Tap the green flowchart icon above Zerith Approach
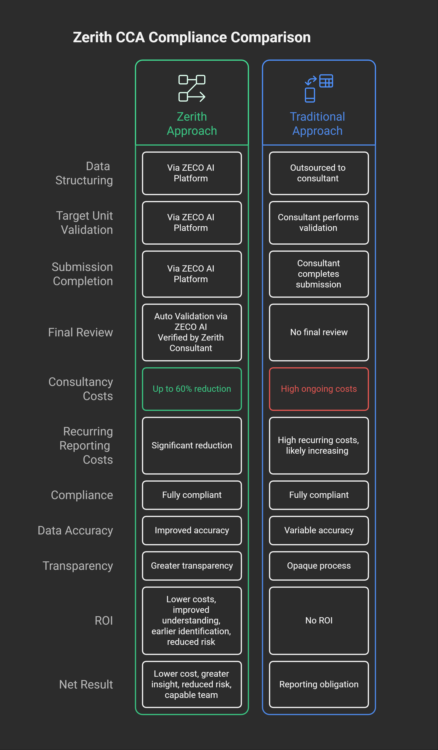(192, 88)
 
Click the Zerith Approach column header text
(192, 124)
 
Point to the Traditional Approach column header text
(317, 124)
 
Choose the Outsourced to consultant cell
(319, 173)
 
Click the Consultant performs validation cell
(319, 223)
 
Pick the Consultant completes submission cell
(319, 274)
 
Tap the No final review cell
(319, 332)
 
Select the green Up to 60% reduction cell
(192, 389)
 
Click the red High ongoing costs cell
(319, 389)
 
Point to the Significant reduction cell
(192, 445)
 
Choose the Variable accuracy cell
(319, 530)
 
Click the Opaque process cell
(319, 565)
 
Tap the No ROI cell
(319, 620)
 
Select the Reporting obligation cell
(319, 684)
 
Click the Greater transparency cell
(192, 565)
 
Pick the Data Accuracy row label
(76, 530)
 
